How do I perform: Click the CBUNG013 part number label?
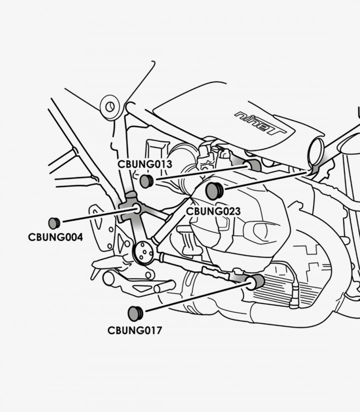pos(145,164)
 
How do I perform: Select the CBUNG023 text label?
pos(213,211)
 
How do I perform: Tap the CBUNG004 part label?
pos(55,237)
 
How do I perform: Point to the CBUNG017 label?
pos(135,330)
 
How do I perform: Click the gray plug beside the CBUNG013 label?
pos(145,181)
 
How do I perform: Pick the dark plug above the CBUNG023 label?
pos(214,191)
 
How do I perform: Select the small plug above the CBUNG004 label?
pos(54,223)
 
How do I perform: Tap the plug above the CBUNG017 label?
pos(135,313)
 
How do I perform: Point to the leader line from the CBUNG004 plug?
pos(95,215)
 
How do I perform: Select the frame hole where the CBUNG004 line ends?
pos(135,207)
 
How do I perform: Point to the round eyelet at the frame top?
pos(110,107)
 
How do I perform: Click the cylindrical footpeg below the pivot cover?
pos(164,287)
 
